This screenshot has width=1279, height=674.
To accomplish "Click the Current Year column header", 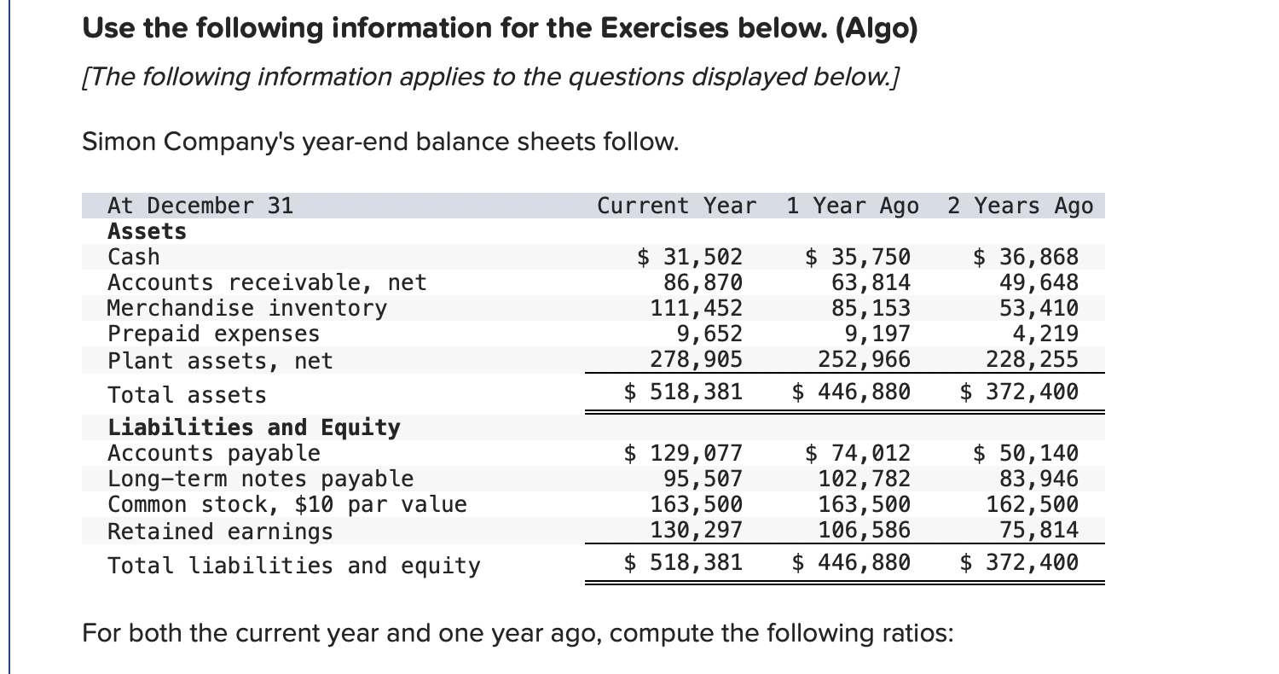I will pyautogui.click(x=676, y=206).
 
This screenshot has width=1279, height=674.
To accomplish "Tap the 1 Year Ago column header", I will pyautogui.click(x=853, y=206).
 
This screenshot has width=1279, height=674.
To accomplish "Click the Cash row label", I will pyautogui.click(x=133, y=257).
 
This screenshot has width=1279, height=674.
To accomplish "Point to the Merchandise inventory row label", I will pyautogui.click(x=246, y=308).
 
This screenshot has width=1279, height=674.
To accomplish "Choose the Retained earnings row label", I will pyautogui.click(x=220, y=532).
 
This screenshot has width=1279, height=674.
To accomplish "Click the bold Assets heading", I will pyautogui.click(x=147, y=231).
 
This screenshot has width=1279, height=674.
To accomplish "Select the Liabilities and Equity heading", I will pyautogui.click(x=253, y=427).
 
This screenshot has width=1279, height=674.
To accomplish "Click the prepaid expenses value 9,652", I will pyautogui.click(x=709, y=334).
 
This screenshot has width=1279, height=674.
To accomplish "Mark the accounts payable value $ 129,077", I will pyautogui.click(x=684, y=453).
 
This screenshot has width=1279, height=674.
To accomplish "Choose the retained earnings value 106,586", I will pyautogui.click(x=864, y=531).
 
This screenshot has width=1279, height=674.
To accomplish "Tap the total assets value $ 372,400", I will pyautogui.click(x=1019, y=392).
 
